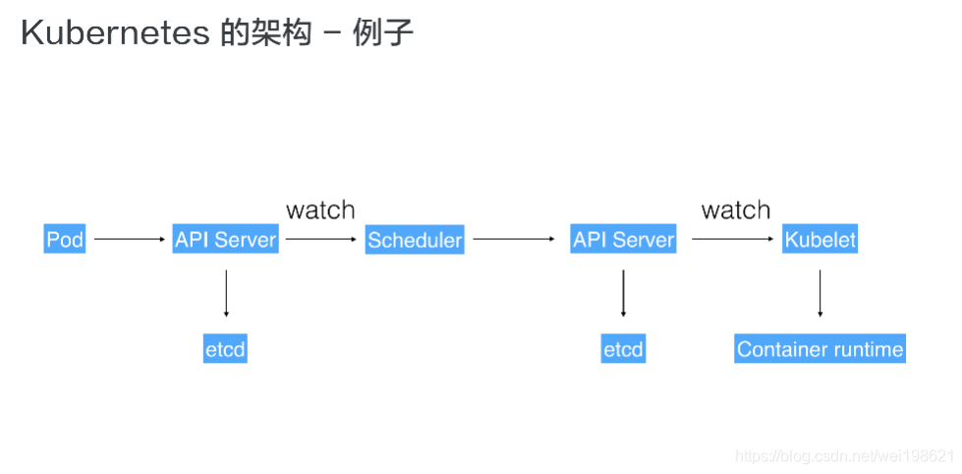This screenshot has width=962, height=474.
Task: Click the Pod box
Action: pos(65,239)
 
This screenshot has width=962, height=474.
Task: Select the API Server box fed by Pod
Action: pos(225,239)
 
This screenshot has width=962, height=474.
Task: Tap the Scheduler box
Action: pos(415,239)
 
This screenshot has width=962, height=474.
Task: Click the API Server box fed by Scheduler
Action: pos(623,239)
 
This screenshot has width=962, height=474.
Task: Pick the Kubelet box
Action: pos(820,239)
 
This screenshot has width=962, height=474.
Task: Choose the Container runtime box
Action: pos(820,349)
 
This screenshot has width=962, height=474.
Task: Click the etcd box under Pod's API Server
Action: pos(225,349)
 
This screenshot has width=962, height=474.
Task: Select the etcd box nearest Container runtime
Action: pos(623,349)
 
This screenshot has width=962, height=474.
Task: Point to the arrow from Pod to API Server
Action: pos(129,239)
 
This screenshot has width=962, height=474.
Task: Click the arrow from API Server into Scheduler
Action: pos(321,239)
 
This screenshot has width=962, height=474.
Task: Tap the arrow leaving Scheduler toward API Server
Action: pos(514,239)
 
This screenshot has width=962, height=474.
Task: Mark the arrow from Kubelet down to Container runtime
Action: pos(820,293)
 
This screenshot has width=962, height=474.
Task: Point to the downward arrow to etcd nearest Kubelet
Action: pos(623,293)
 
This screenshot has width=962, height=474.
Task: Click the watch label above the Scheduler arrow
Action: pos(320,209)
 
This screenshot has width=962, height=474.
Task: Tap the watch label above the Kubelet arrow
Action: pos(735,209)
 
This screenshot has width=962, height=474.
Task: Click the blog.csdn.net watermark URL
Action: pos(845,456)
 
